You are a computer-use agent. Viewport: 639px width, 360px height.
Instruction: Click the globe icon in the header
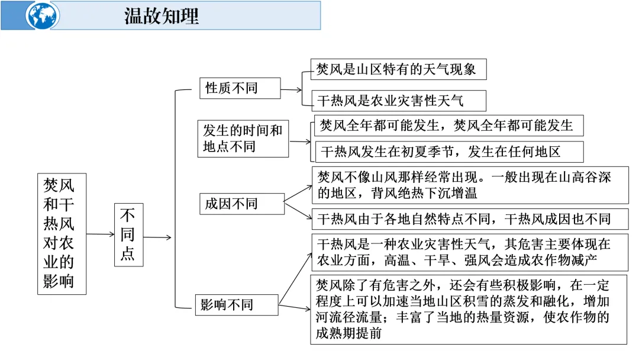(43, 15)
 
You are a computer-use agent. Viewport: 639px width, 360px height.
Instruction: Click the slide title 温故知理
(162, 16)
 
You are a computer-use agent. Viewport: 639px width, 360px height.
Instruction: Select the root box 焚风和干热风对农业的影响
(62, 233)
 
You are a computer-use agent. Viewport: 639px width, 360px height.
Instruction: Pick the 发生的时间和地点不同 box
(243, 139)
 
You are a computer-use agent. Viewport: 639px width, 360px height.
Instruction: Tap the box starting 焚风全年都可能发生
(448, 126)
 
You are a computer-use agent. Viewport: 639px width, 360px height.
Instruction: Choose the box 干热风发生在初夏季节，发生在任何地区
(448, 152)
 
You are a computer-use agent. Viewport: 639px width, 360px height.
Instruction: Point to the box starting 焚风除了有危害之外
(469, 309)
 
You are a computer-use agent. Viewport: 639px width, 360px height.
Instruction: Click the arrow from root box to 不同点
(100, 234)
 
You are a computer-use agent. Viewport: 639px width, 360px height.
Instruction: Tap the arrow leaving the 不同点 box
(157, 237)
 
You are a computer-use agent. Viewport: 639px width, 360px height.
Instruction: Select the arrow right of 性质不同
(291, 90)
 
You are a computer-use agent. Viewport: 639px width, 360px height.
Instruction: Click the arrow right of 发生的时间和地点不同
(300, 142)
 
